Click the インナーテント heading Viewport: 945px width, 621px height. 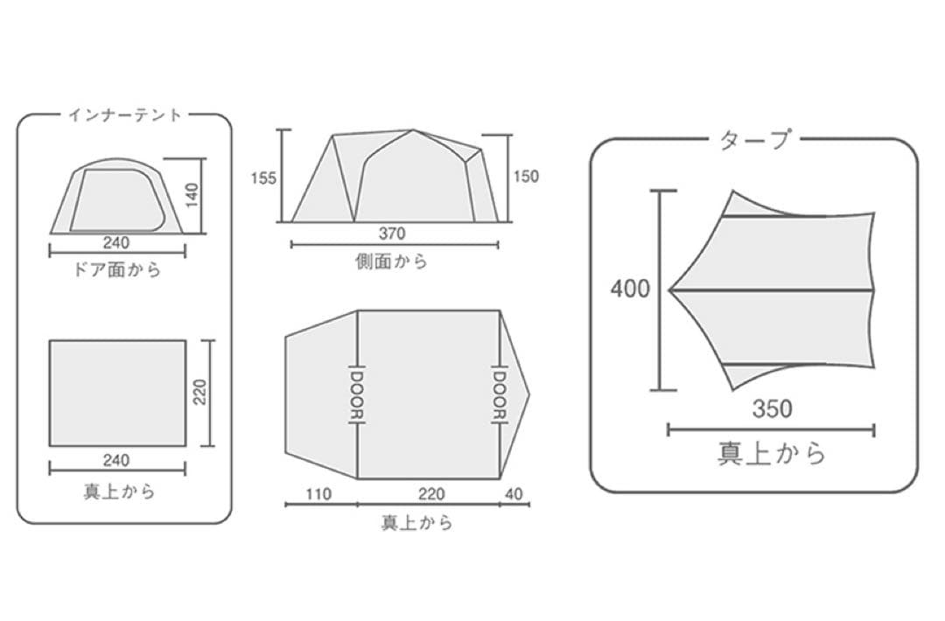tap(124, 115)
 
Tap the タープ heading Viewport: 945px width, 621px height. tap(754, 140)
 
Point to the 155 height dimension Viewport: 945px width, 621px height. tap(263, 178)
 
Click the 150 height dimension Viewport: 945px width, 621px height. tap(526, 177)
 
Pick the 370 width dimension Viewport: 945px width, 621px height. tap(392, 234)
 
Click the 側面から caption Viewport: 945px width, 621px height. tap(392, 261)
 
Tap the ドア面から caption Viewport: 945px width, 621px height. tap(117, 269)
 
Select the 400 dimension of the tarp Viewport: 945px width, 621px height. tap(630, 290)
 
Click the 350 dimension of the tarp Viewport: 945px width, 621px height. tap(772, 409)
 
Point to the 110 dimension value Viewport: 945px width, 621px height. tap(318, 494)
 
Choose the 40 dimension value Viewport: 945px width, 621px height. tap(514, 494)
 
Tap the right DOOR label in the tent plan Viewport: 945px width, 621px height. tap(500, 394)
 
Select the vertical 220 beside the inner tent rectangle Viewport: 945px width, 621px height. tap(200, 392)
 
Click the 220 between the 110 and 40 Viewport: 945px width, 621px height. tap(431, 494)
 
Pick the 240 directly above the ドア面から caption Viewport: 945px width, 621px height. tap(115, 243)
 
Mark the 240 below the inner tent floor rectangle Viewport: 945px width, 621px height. tap(115, 460)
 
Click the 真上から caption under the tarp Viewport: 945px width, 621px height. tap(772, 453)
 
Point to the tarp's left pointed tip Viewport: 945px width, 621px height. tap(670, 290)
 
